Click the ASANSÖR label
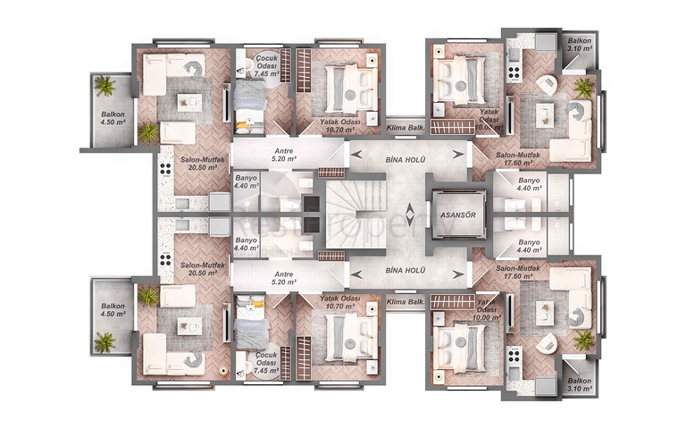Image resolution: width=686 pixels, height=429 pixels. pyautogui.click(x=456, y=216)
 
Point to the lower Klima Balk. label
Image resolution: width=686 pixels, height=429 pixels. pyautogui.click(x=405, y=301)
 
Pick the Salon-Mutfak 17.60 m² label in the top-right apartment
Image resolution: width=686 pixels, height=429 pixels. pyautogui.click(x=519, y=158)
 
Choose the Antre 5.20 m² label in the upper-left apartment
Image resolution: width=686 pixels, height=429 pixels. pyautogui.click(x=284, y=155)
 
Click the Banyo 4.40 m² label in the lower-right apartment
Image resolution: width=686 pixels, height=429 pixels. pyautogui.click(x=529, y=247)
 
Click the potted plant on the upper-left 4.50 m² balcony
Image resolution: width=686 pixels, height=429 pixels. pyautogui.click(x=105, y=87)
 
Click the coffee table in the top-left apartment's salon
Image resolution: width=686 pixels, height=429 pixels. pyautogui.click(x=188, y=102)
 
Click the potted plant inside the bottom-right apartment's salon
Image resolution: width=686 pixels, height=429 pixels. pyautogui.click(x=583, y=340)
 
